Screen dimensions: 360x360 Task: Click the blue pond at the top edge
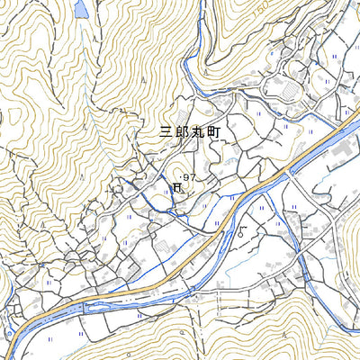(81, 9)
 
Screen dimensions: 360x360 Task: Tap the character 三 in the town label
(166, 131)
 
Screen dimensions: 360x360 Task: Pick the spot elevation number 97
(188, 176)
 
